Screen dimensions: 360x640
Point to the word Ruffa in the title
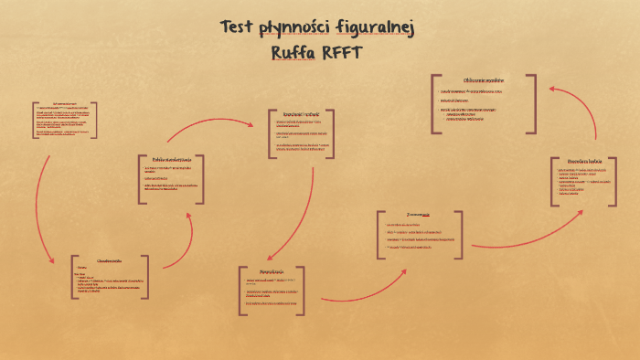tap(294, 52)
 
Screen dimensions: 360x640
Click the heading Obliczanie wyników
tap(485, 80)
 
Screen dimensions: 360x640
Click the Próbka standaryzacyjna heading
tap(171, 160)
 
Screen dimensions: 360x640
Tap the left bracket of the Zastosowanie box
tap(379, 235)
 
